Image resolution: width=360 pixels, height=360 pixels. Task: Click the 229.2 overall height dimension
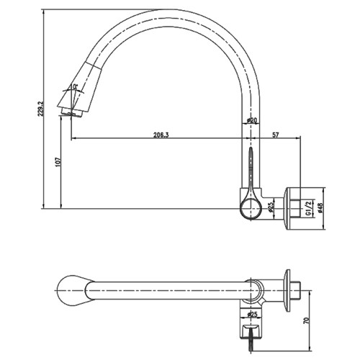click(x=42, y=108)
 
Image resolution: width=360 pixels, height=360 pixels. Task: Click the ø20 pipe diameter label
click(x=253, y=121)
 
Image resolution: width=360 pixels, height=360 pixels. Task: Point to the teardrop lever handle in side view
click(x=248, y=173)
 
